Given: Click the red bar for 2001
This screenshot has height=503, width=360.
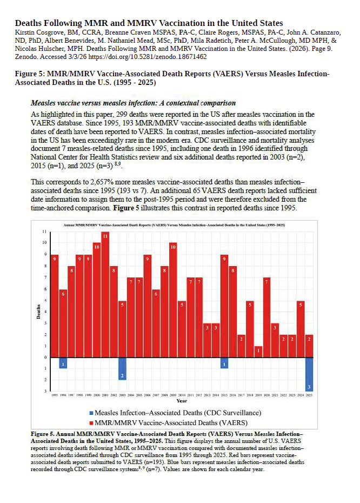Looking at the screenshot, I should pyautogui.click(x=105, y=294).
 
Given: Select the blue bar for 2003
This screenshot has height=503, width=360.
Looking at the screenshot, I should pyautogui.click(x=122, y=368).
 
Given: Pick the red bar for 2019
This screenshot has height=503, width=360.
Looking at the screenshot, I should pyautogui.click(x=258, y=352).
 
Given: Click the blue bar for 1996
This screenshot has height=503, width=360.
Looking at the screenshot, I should pyautogui.click(x=63, y=362).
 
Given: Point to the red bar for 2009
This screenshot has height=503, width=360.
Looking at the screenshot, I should pyautogui.click(x=173, y=300).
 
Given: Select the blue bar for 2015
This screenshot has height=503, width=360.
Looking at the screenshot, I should pyautogui.click(x=224, y=362).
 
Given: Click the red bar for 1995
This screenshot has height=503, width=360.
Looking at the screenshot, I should pyautogui.click(x=55, y=306).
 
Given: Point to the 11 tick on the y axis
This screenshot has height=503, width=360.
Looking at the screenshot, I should pyautogui.click(x=44, y=231).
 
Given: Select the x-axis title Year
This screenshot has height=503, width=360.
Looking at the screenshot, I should pyautogui.click(x=182, y=401).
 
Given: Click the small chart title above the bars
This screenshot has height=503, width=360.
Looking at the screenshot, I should pyautogui.click(x=182, y=223).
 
